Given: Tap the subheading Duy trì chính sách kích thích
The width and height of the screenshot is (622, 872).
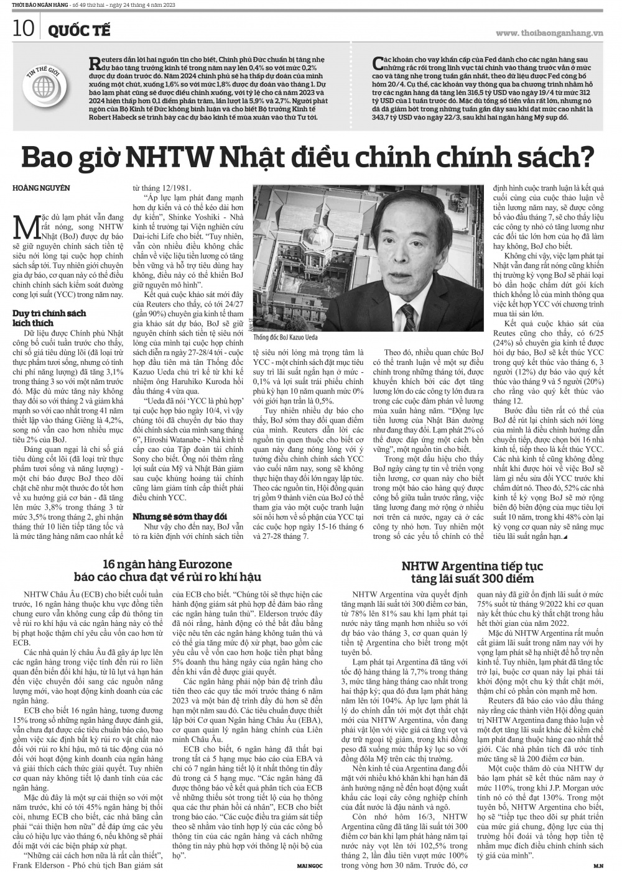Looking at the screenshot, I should coord(49,318).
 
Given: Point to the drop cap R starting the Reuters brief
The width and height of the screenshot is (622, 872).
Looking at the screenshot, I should coord(95,61).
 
